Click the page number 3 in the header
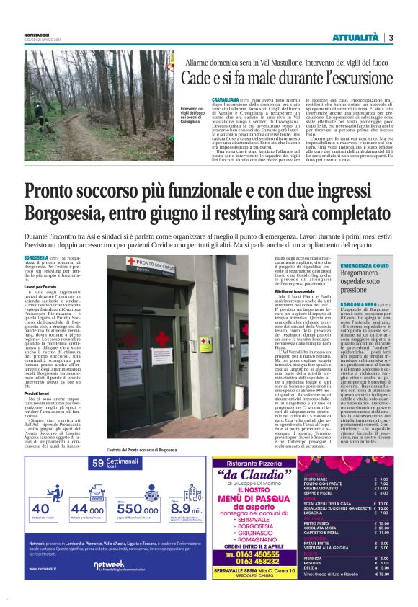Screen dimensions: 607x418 [391, 37]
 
